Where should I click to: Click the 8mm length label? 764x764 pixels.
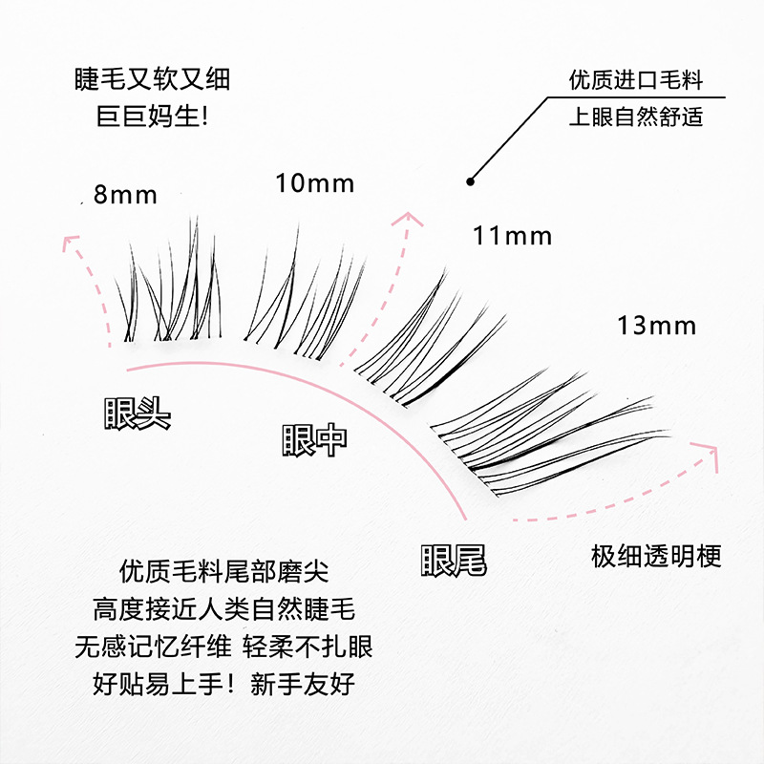[125, 195]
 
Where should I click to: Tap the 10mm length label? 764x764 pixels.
[314, 182]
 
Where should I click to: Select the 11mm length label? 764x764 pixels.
[512, 235]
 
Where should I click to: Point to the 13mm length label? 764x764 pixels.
[656, 326]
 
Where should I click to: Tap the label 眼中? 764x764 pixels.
[314, 438]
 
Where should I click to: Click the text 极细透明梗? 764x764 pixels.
[656, 556]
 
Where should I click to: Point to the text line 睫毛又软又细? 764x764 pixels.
[153, 80]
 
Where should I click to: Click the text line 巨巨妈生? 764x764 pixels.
[153, 117]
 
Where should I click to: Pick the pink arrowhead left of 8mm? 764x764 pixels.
[69, 241]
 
